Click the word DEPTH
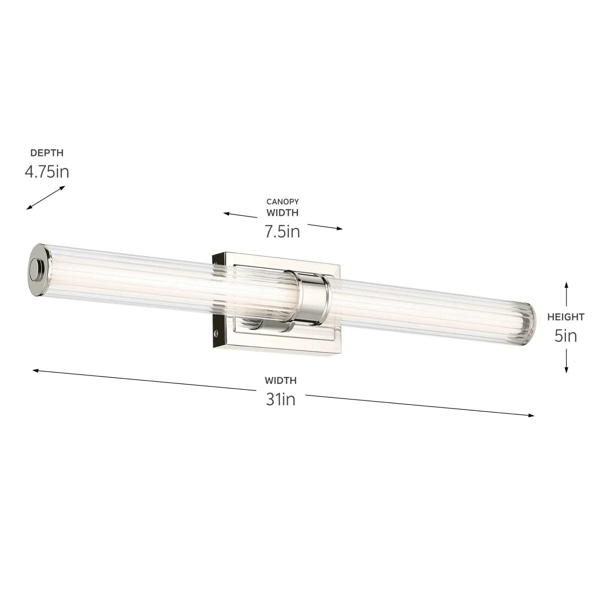tap(46, 153)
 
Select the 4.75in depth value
tap(46, 172)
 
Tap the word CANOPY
tap(282, 202)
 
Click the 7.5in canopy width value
tap(282, 232)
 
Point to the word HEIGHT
tap(565, 317)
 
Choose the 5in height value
tap(565, 336)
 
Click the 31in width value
tap(280, 400)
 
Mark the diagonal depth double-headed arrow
tap(46, 197)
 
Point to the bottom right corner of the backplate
tap(340, 353)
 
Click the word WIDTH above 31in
tap(280, 380)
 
